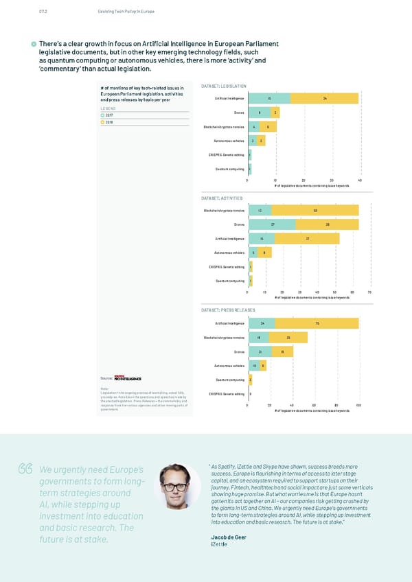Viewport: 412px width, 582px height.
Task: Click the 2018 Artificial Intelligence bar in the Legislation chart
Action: click(x=324, y=98)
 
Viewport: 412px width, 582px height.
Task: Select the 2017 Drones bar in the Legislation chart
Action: click(x=260, y=113)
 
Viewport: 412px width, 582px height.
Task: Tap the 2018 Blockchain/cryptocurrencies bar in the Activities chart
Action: click(x=315, y=210)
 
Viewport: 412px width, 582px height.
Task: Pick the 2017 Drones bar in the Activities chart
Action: click(x=272, y=224)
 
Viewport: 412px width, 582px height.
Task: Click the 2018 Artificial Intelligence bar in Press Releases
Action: click(x=317, y=323)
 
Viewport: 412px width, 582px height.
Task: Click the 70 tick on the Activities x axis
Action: click(x=369, y=292)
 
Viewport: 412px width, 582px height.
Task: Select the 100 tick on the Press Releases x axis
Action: click(x=358, y=406)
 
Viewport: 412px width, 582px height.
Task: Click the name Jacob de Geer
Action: click(x=231, y=536)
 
